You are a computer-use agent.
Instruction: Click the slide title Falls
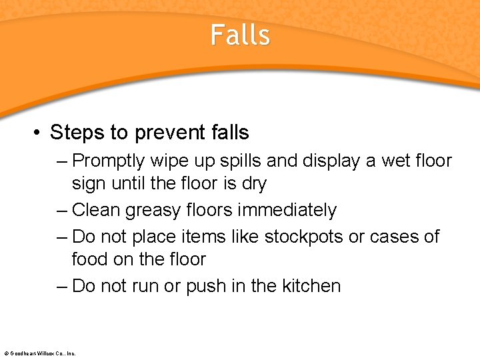tap(240, 35)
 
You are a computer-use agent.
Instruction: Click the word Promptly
tap(109, 161)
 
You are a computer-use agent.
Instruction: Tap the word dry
tap(253, 183)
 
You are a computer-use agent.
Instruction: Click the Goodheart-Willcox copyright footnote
tap(40, 353)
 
